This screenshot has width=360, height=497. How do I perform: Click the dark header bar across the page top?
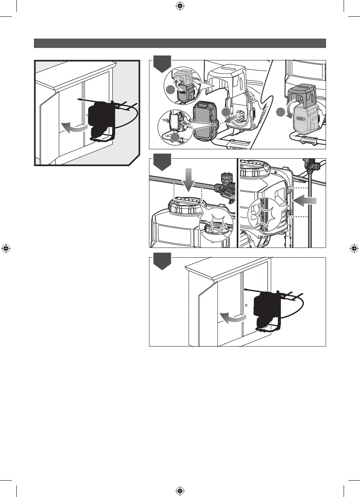coord(180,43)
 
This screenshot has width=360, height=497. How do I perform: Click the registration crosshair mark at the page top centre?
coord(180,6)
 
